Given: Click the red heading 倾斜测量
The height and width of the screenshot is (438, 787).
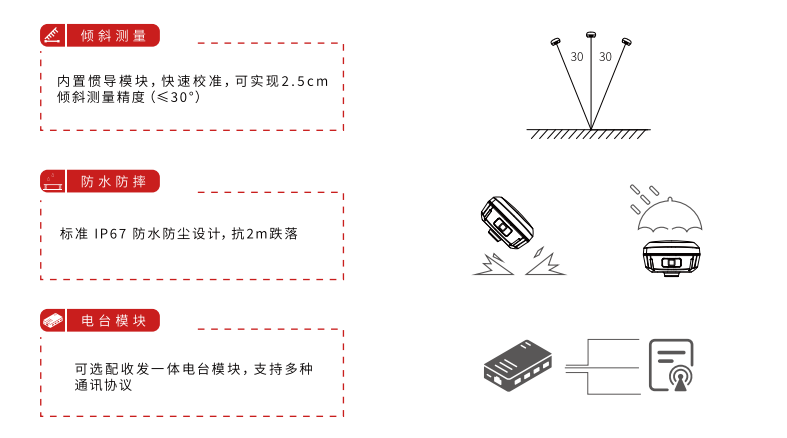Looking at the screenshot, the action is click(113, 36).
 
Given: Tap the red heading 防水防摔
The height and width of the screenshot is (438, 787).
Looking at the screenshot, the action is click(113, 181).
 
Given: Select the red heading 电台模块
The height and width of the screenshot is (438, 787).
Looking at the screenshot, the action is click(113, 320).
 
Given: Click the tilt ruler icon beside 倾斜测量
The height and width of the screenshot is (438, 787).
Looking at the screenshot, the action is click(52, 36).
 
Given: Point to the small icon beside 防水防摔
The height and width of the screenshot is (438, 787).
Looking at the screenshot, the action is click(52, 181).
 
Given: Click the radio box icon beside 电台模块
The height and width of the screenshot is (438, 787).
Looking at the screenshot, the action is click(53, 320).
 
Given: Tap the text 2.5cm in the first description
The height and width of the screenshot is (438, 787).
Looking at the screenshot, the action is click(305, 81).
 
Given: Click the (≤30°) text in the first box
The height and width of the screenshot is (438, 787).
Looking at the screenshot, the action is click(175, 97).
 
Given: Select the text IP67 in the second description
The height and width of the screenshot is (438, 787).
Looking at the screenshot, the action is click(110, 234).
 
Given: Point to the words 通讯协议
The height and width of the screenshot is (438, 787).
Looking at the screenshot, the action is click(103, 385).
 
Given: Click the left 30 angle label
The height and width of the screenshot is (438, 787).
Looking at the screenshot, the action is click(577, 57).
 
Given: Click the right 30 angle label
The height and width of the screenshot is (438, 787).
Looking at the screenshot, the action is click(606, 57).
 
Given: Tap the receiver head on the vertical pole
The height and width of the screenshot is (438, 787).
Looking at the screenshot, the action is click(591, 35).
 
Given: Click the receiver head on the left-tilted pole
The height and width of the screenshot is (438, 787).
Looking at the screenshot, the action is click(555, 42).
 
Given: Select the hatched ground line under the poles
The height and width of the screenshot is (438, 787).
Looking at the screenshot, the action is click(588, 133).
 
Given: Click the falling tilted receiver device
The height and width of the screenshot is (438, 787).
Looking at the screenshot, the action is click(507, 223).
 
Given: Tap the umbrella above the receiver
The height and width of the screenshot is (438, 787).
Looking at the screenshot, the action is click(670, 215).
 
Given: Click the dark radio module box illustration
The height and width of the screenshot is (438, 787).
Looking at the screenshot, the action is click(518, 366).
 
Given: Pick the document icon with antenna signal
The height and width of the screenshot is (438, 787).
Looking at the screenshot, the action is click(671, 365).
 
